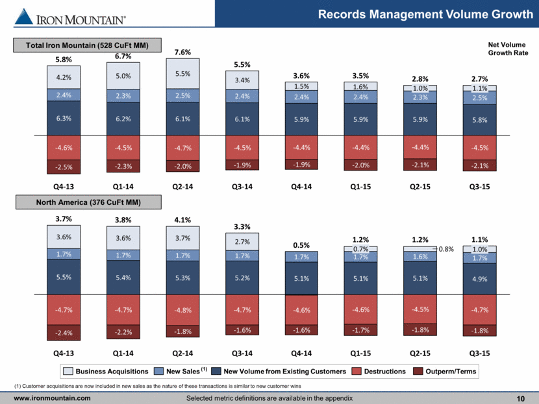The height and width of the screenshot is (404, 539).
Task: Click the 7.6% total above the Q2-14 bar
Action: click(x=183, y=52)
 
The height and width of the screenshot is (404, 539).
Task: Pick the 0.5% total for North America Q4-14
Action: click(x=301, y=246)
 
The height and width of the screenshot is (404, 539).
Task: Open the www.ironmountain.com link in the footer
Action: click(x=53, y=398)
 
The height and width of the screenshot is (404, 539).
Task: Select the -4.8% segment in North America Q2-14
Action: click(x=182, y=309)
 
